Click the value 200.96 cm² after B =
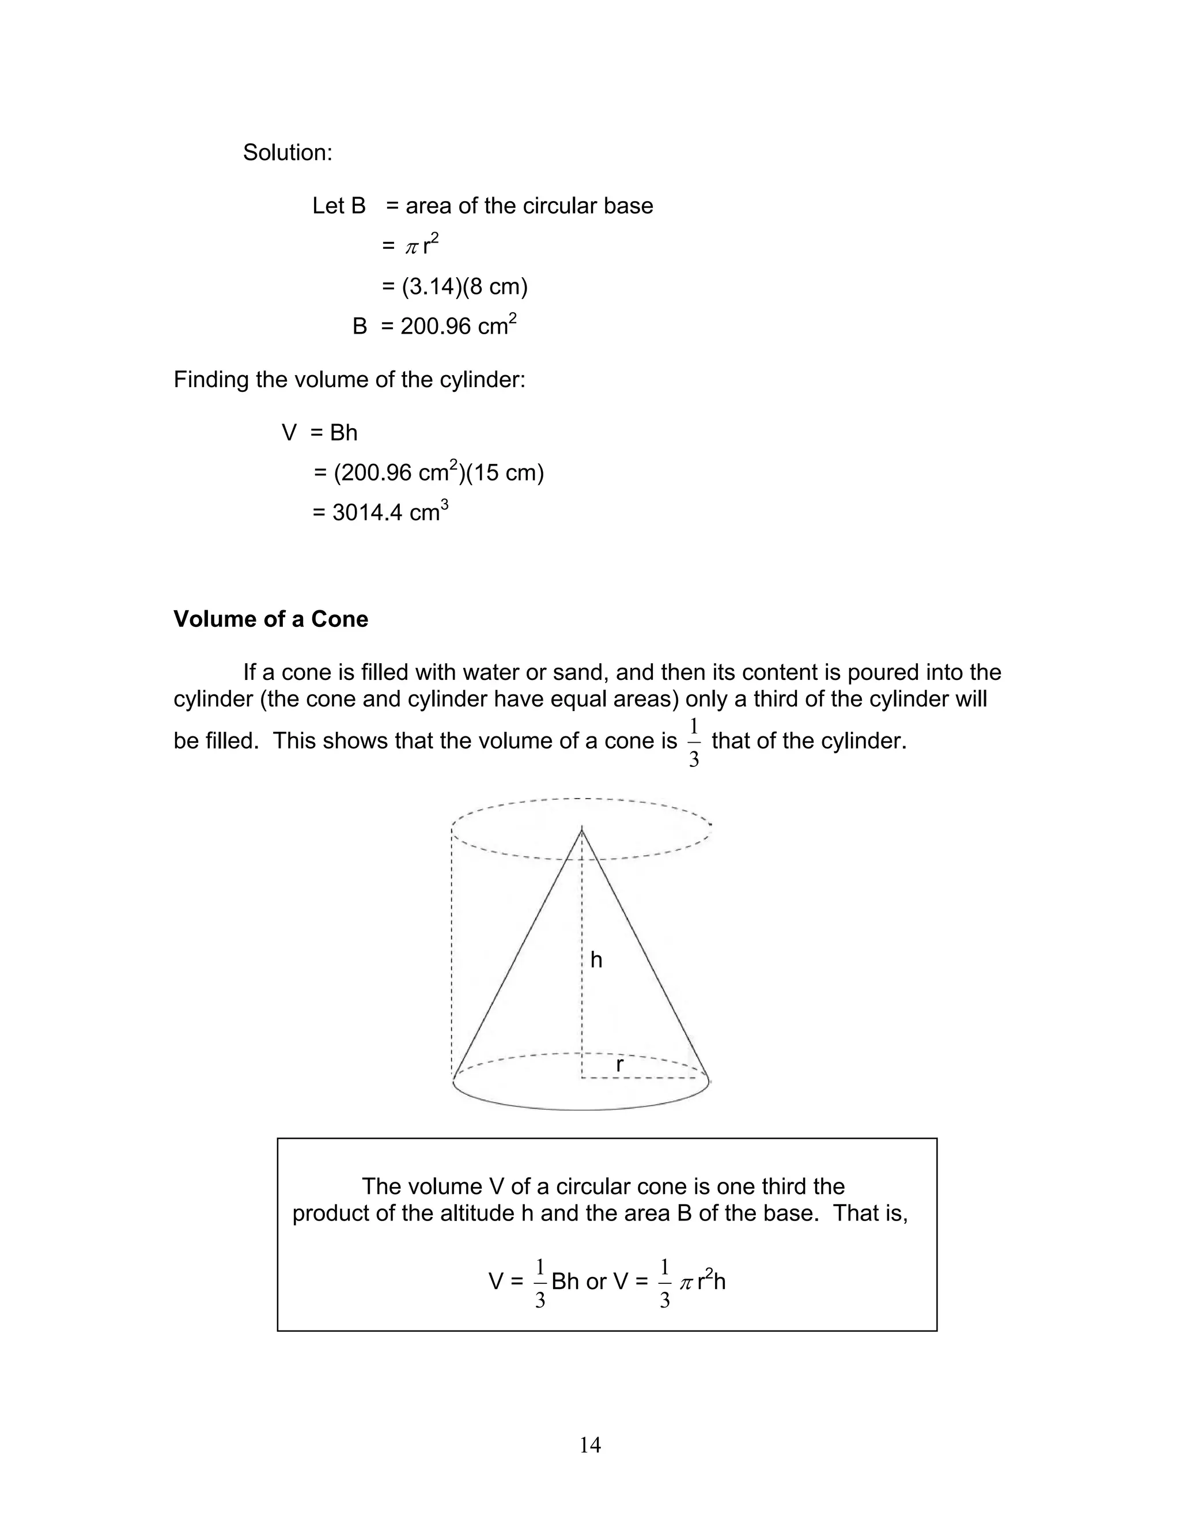click(x=459, y=326)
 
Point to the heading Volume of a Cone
click(x=271, y=619)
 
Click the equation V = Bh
click(x=319, y=433)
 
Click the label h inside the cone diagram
click(x=596, y=960)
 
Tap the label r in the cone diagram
click(x=619, y=1065)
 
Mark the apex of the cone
click(x=581, y=829)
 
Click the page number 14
click(x=590, y=1445)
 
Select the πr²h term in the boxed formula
click(x=702, y=1282)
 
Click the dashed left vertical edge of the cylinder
click(x=452, y=951)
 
